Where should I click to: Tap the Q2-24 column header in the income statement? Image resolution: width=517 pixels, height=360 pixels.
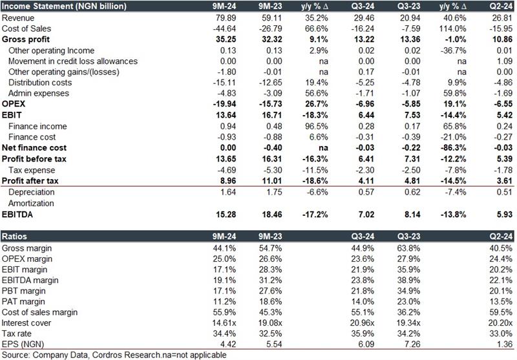[502, 6]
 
